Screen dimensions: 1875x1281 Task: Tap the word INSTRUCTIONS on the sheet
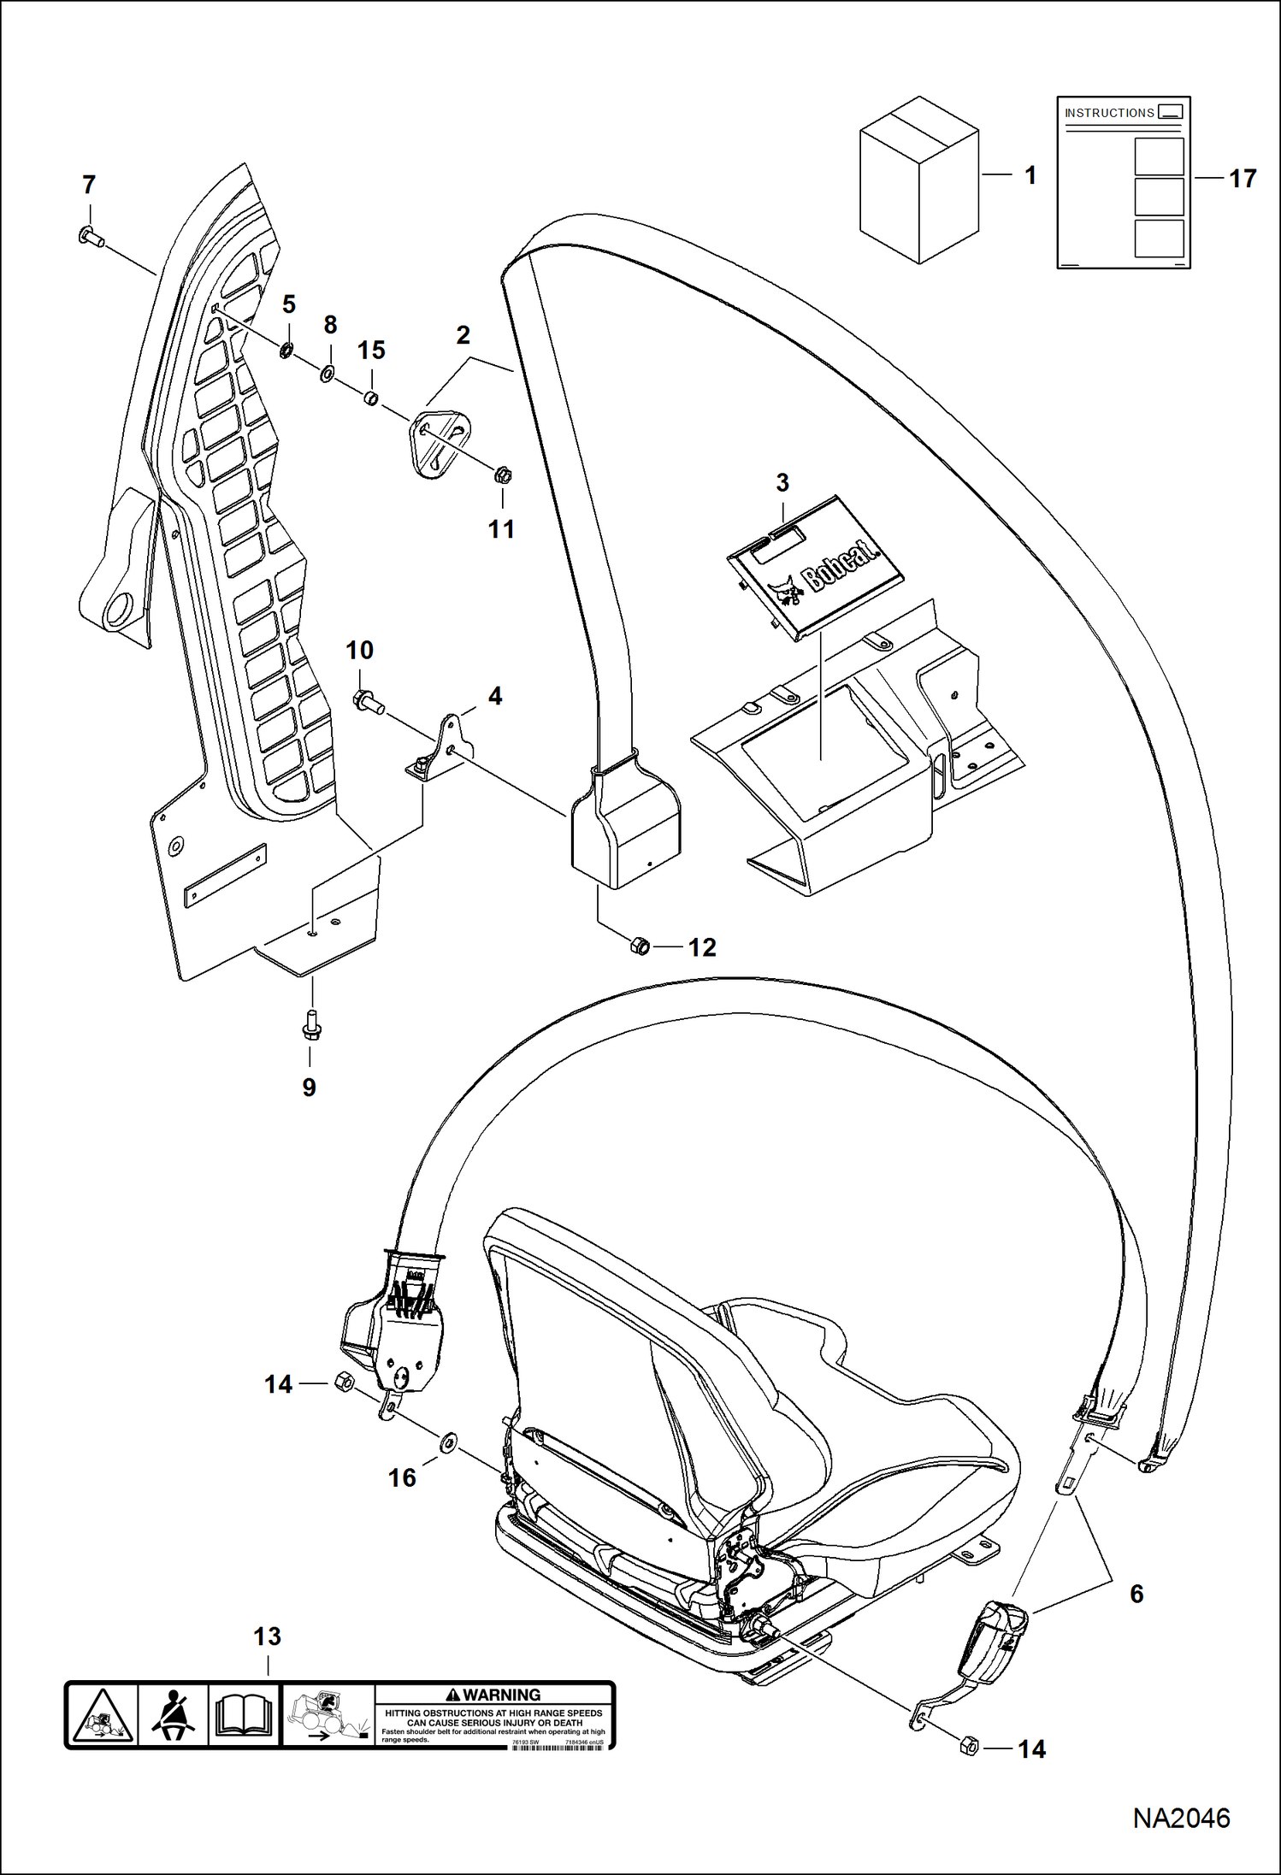click(x=1109, y=113)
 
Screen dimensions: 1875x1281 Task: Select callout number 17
click(x=1242, y=179)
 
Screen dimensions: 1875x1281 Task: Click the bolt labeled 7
click(x=91, y=237)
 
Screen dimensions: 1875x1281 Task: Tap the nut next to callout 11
click(x=503, y=474)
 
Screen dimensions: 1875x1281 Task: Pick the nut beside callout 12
click(x=640, y=946)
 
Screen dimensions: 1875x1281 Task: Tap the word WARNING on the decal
click(x=501, y=1695)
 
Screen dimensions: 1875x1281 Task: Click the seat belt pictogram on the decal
click(x=174, y=1715)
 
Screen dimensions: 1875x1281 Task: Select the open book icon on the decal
click(x=244, y=1716)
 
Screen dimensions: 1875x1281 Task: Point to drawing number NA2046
click(x=1181, y=1819)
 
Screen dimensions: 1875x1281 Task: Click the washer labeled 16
click(x=448, y=1444)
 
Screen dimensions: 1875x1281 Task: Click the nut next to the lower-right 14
click(x=969, y=1746)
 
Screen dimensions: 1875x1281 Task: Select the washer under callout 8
click(x=327, y=374)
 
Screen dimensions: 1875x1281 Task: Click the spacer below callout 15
click(x=371, y=398)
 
